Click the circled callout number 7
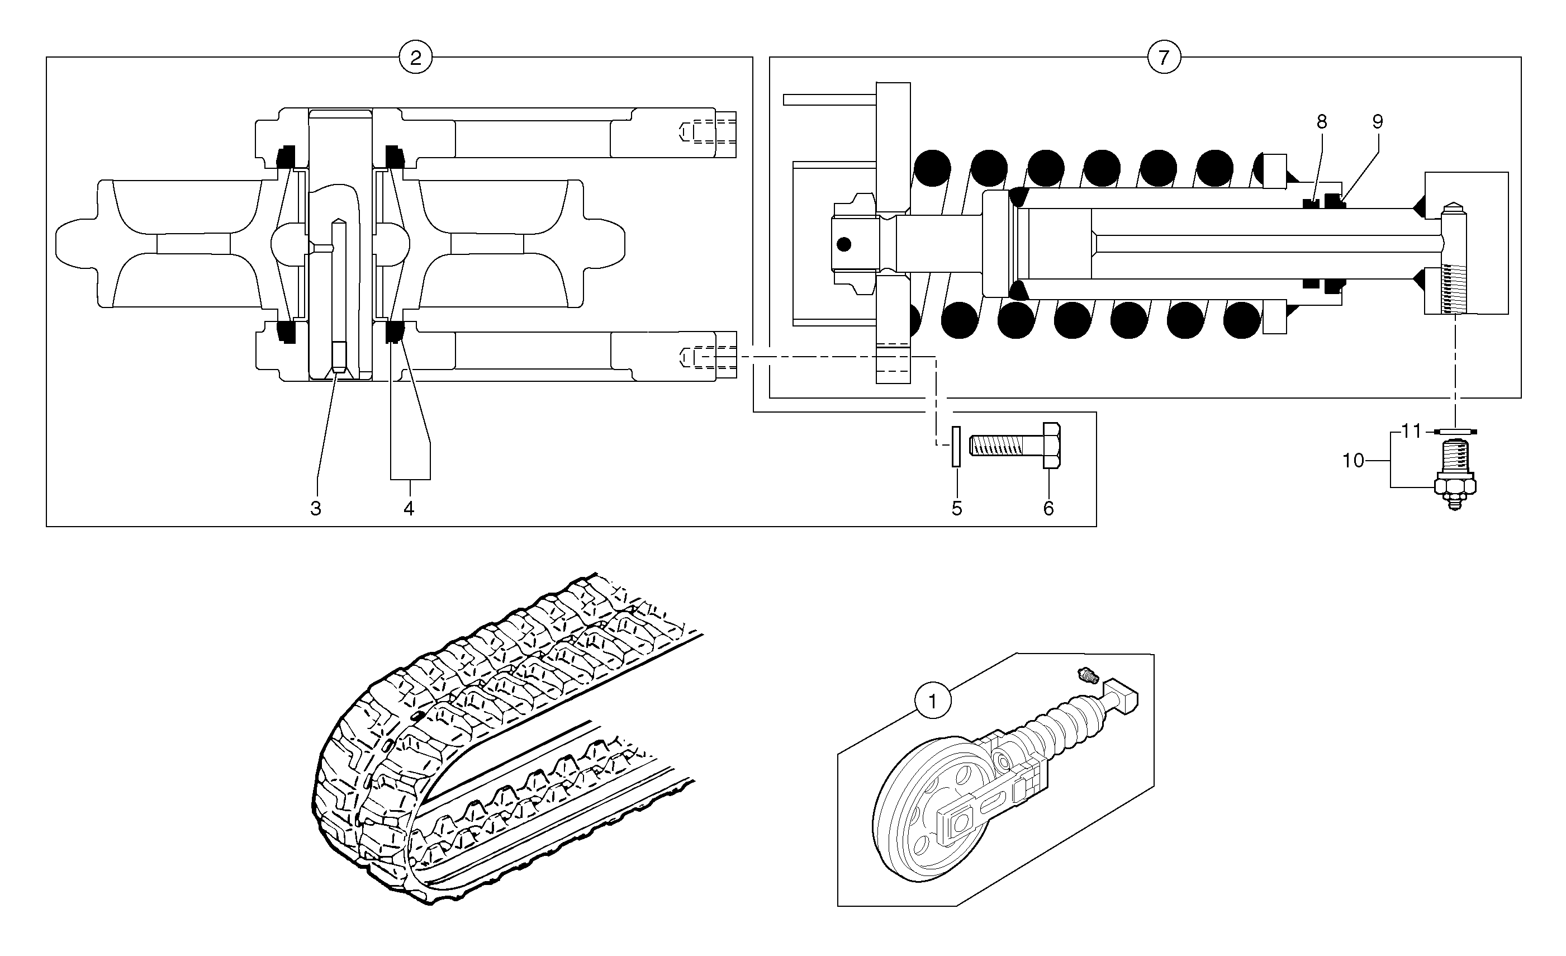tap(1164, 58)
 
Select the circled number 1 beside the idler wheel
tap(932, 702)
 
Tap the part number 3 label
tap(316, 509)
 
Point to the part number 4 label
tap(409, 509)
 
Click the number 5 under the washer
tap(956, 509)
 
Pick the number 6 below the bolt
tap(1048, 509)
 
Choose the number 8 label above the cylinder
tap(1322, 122)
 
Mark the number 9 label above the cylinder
tap(1377, 122)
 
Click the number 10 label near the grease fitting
tap(1353, 460)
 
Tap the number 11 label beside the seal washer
tap(1411, 432)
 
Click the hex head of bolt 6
tap(1052, 445)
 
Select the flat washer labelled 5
tap(955, 446)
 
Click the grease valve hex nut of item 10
tap(1455, 487)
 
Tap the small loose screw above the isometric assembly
tap(1088, 675)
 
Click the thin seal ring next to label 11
tap(1456, 432)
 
